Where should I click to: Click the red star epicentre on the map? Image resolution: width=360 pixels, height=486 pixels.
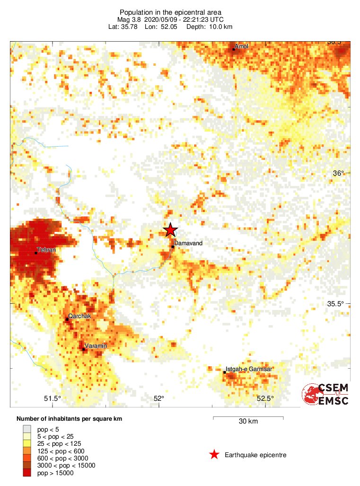(170, 230)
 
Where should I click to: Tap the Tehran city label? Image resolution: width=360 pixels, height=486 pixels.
(47, 249)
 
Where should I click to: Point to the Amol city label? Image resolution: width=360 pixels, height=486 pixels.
(241, 46)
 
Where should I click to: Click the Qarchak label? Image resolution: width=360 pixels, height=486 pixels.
(79, 316)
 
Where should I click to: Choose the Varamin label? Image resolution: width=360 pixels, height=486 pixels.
(96, 346)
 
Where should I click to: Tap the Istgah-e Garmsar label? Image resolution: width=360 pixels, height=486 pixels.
(249, 369)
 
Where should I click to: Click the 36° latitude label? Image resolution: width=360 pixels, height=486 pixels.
(338, 173)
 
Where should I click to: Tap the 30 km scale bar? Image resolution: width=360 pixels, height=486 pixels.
(248, 419)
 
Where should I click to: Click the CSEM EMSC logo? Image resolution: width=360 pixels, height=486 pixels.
(326, 394)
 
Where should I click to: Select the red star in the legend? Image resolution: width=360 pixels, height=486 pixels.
(214, 455)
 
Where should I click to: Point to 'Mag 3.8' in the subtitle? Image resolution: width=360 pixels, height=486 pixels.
(129, 19)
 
